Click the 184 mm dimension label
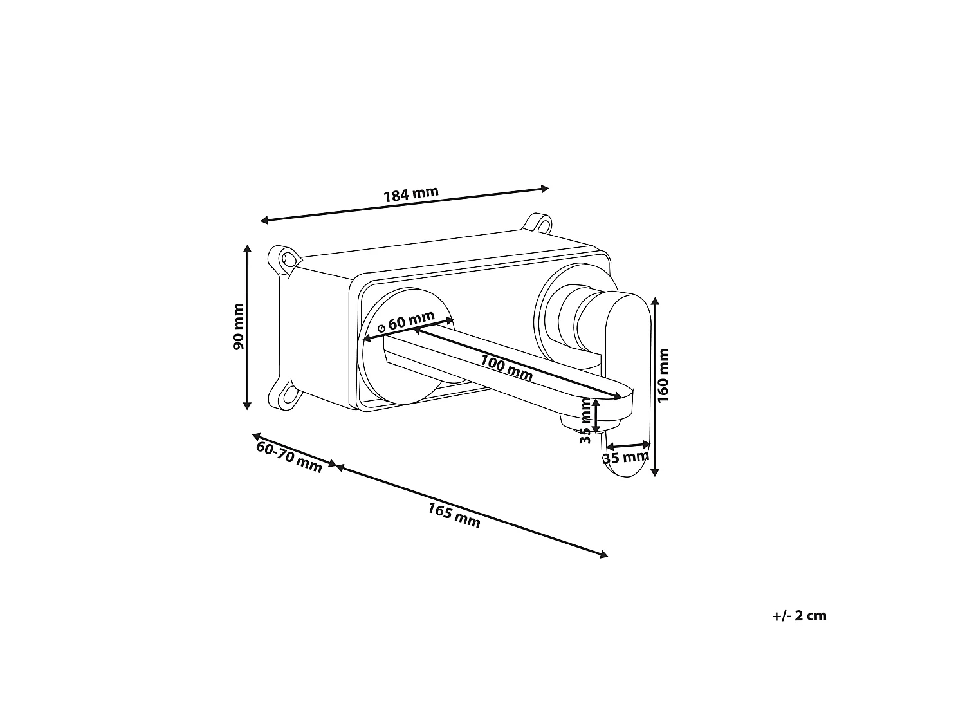coord(411,194)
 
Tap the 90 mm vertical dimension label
coord(238,326)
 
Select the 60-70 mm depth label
coord(289,457)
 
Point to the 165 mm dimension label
coord(454,515)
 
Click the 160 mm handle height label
coord(663,375)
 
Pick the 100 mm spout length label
coord(506,368)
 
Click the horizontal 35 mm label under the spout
coord(625,458)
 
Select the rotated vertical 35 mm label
coord(585,420)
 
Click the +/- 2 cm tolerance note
coord(799,615)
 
